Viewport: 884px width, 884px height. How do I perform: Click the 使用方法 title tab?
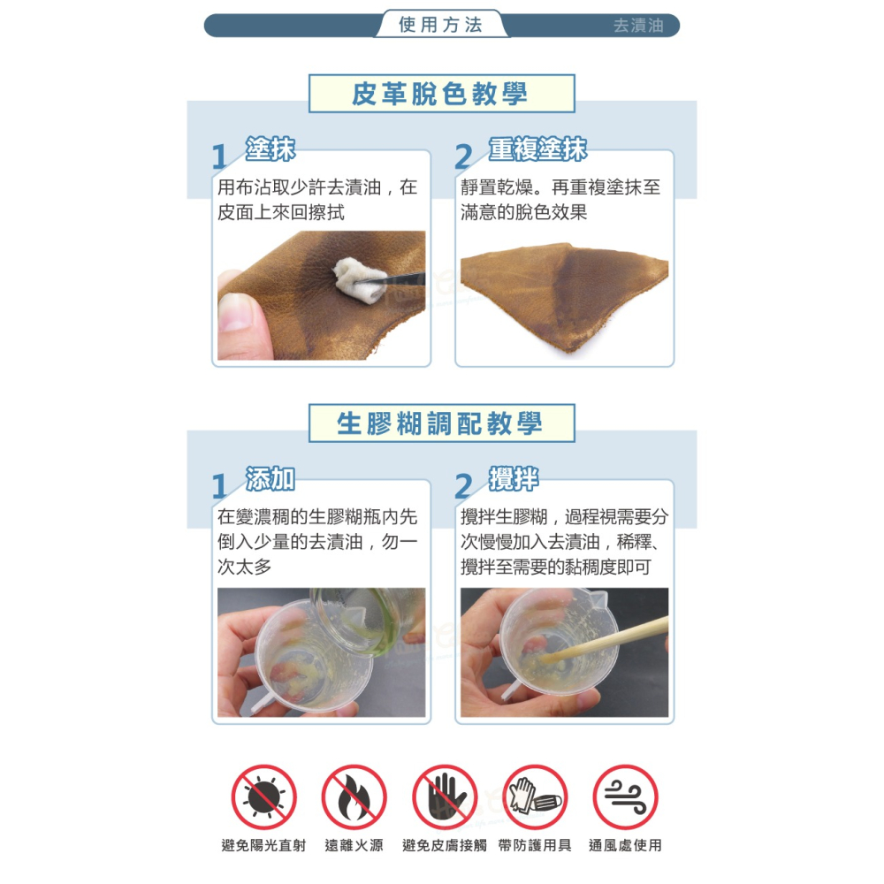pyautogui.click(x=441, y=24)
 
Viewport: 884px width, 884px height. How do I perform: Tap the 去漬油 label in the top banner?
pyautogui.click(x=638, y=26)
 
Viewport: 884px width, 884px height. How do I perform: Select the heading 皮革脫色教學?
pyautogui.click(x=441, y=94)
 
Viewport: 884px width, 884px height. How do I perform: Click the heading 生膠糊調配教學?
pyautogui.click(x=441, y=423)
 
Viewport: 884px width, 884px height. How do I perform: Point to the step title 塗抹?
pyautogui.click(x=270, y=149)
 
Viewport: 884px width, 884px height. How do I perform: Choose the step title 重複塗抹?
pyautogui.click(x=537, y=149)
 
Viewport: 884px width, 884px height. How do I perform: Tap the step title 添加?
pyautogui.click(x=270, y=479)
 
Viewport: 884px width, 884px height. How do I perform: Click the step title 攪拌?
pyautogui.click(x=514, y=479)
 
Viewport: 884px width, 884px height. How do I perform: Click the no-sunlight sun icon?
pyautogui.click(x=263, y=797)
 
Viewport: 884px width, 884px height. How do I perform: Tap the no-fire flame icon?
pyautogui.click(x=354, y=797)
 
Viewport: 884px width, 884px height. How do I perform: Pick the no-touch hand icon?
pyautogui.click(x=445, y=797)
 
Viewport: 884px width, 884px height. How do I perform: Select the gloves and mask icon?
pyautogui.click(x=535, y=797)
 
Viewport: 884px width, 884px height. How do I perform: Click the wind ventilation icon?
pyautogui.click(x=625, y=797)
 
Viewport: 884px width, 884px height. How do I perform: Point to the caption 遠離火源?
pyautogui.click(x=354, y=845)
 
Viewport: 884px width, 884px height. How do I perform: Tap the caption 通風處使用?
pyautogui.click(x=625, y=845)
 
